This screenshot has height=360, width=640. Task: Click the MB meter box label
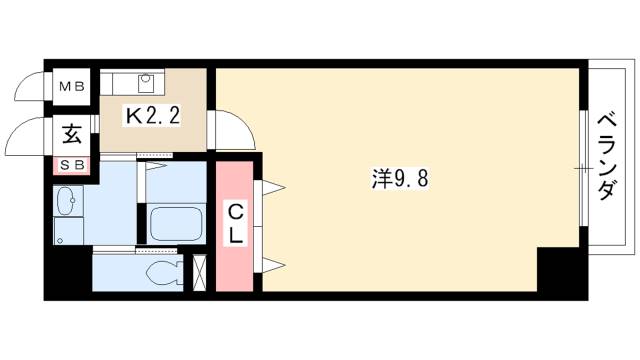tap(72, 87)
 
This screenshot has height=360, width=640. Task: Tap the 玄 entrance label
tap(72, 135)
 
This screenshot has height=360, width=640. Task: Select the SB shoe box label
tap(72, 165)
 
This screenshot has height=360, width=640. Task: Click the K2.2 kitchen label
tap(153, 117)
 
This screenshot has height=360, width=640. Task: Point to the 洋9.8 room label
tap(400, 179)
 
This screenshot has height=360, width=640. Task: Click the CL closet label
tap(235, 225)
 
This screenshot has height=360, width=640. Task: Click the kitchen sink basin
tap(145, 83)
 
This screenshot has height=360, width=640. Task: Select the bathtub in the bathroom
tap(176, 225)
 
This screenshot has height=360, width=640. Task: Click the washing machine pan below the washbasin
tap(69, 231)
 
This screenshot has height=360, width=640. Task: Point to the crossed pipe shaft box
tap(200, 272)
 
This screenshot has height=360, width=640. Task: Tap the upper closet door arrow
tap(273, 188)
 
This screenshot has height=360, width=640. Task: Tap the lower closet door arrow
tap(273, 265)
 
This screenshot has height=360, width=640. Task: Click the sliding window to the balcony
tap(584, 168)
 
